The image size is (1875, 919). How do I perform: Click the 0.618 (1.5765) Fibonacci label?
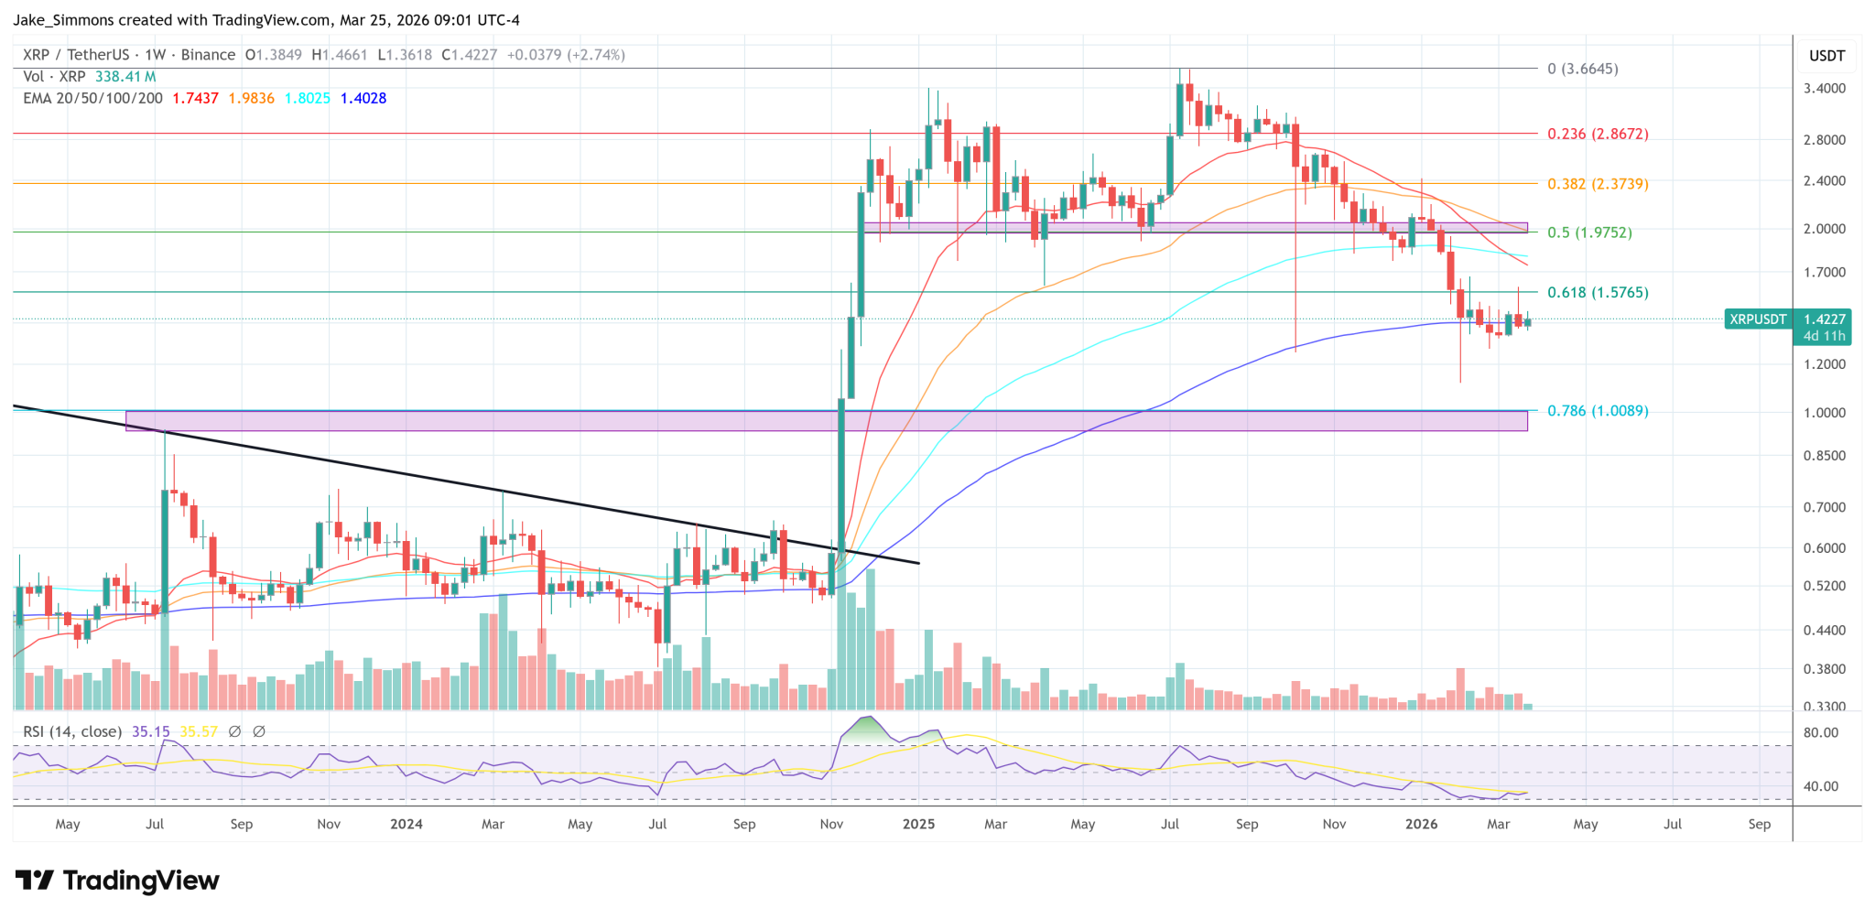point(1598,293)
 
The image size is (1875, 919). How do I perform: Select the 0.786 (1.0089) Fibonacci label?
point(1598,411)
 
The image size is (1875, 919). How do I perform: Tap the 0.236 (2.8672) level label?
point(1598,134)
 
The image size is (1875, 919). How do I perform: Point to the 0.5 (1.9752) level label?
point(1589,232)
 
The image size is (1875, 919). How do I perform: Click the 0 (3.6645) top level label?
point(1582,69)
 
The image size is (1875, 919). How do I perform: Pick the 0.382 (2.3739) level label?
point(1598,184)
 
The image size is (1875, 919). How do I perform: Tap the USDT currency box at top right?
point(1826,56)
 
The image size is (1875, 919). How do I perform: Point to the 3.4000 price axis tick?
point(1824,89)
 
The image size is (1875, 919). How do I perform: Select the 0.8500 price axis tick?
point(1824,456)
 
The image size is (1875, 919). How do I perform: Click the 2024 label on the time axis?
point(406,824)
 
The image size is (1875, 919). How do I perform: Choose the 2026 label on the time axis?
point(1421,824)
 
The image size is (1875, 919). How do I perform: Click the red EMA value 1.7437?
point(195,98)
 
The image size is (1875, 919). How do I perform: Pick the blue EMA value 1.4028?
point(363,98)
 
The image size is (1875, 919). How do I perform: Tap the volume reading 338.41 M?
point(125,77)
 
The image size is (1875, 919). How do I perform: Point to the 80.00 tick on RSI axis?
point(1820,732)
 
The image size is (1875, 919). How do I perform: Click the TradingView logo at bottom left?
point(117,881)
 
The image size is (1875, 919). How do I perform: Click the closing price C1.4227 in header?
point(469,55)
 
